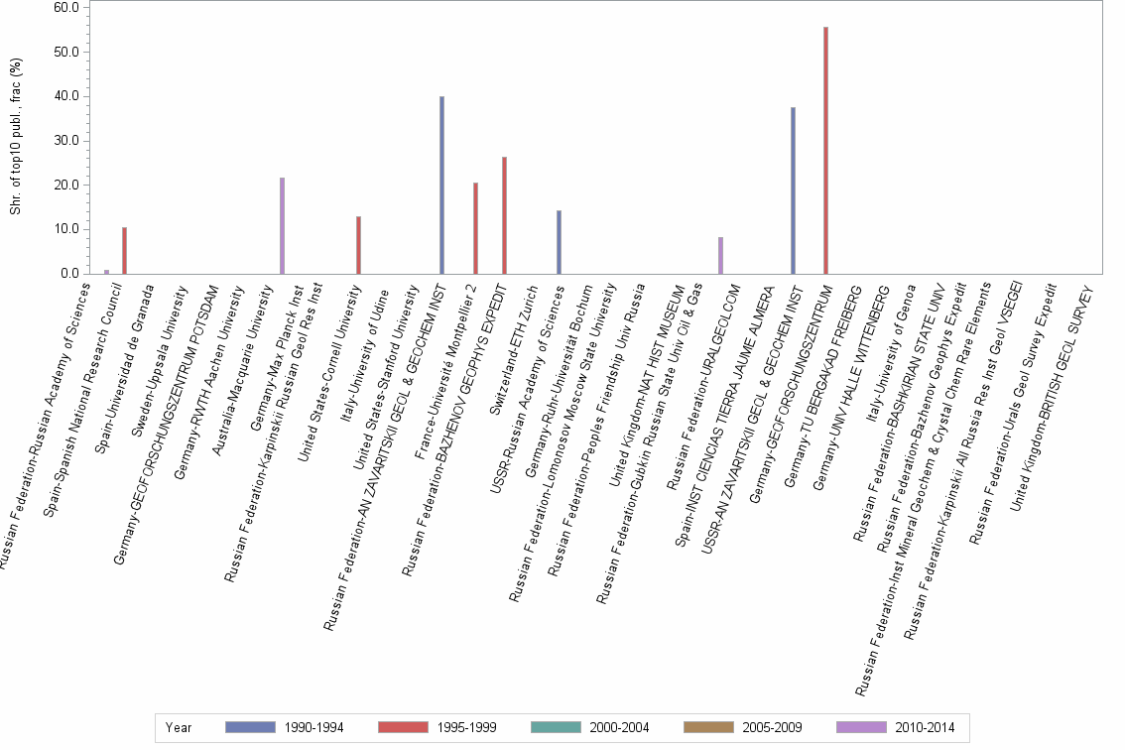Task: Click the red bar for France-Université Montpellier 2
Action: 475,228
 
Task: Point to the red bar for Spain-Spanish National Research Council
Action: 124,250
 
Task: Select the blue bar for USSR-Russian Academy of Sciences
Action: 559,242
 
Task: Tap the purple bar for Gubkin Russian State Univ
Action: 720,255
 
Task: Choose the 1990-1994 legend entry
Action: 284,727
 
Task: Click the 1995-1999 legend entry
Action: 437,727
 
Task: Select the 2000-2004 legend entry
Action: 589,727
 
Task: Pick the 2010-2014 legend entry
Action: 895,727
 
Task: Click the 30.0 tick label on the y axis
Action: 65,140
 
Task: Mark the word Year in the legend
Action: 179,727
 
